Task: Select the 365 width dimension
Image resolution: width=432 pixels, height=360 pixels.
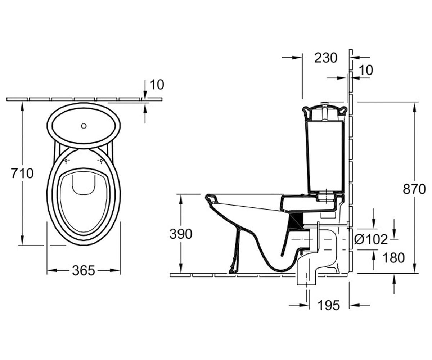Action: pyautogui.click(x=84, y=270)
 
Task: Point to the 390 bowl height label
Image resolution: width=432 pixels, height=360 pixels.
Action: pyautogui.click(x=181, y=234)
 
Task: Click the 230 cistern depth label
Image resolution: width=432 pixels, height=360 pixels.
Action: pyautogui.click(x=326, y=58)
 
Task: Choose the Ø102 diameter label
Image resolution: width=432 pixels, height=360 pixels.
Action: pyautogui.click(x=371, y=240)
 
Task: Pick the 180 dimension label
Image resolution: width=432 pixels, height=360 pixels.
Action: pyautogui.click(x=393, y=258)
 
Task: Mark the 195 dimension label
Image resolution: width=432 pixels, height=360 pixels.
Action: pyautogui.click(x=329, y=305)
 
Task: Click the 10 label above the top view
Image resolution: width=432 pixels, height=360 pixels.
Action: pyautogui.click(x=157, y=85)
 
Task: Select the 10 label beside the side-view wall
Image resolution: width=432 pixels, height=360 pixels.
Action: pyautogui.click(x=366, y=70)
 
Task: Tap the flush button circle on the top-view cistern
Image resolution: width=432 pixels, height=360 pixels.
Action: pyautogui.click(x=84, y=126)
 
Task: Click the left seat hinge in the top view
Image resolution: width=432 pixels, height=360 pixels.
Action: pyautogui.click(x=66, y=161)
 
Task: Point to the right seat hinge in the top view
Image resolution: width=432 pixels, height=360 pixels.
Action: pyautogui.click(x=101, y=161)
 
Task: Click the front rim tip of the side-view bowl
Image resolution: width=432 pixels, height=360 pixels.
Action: pyautogui.click(x=207, y=197)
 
